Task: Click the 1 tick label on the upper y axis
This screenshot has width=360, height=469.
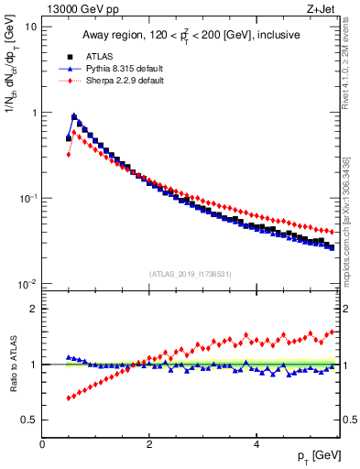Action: coord(33,113)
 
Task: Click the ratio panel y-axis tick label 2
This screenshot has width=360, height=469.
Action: coord(33,309)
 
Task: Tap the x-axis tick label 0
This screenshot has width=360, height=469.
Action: coord(42,444)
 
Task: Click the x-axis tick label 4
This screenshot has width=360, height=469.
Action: coord(256,444)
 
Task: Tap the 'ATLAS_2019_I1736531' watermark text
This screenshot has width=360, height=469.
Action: coord(191,273)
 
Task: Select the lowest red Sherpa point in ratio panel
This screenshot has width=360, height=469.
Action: coord(69,398)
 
